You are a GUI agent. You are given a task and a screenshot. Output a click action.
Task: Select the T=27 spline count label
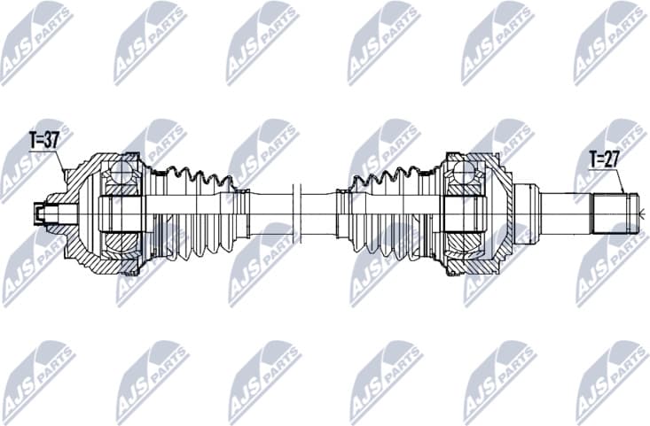[x=605, y=160]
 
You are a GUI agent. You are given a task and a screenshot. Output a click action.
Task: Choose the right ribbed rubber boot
[x=390, y=213]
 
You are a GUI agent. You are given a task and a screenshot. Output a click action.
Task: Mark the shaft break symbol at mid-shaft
[x=297, y=213]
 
